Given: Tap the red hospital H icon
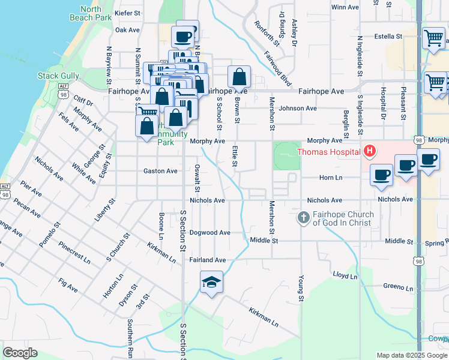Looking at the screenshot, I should click(x=370, y=151).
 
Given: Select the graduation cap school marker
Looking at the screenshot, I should click(x=211, y=282).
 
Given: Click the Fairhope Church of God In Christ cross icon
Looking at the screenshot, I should click(x=304, y=217).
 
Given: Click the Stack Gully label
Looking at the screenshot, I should click(x=58, y=76).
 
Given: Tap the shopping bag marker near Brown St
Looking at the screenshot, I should click(x=239, y=77).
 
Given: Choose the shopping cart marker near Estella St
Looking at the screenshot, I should click(x=433, y=38).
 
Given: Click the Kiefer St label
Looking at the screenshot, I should click(x=127, y=12).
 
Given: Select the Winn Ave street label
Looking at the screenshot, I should click(x=345, y=7).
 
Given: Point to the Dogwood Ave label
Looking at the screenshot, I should click(x=210, y=233).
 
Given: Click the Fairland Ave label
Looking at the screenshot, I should click(x=207, y=260).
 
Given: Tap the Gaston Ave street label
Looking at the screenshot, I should click(x=160, y=171).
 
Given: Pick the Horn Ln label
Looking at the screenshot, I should click(x=330, y=178).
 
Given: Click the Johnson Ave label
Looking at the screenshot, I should click(x=297, y=109).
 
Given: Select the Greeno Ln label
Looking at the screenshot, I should click(x=398, y=287).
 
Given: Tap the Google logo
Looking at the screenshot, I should click(x=20, y=353).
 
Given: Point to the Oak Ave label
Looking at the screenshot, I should click(x=127, y=29).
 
